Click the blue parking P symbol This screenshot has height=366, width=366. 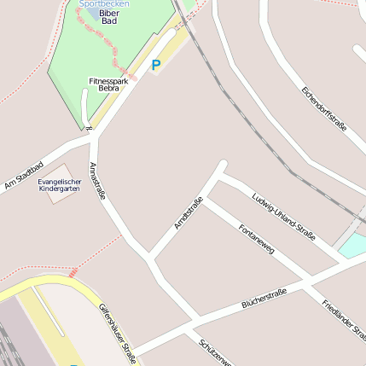click(156, 64)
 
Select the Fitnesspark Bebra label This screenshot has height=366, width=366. click(108, 84)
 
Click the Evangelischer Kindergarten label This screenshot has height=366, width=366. click(60, 185)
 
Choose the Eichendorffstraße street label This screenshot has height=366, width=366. click(324, 108)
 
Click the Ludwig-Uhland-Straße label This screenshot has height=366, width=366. click(284, 215)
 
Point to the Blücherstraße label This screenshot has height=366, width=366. click(264, 299)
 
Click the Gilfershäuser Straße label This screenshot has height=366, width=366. click(117, 334)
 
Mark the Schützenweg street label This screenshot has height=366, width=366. click(215, 352)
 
